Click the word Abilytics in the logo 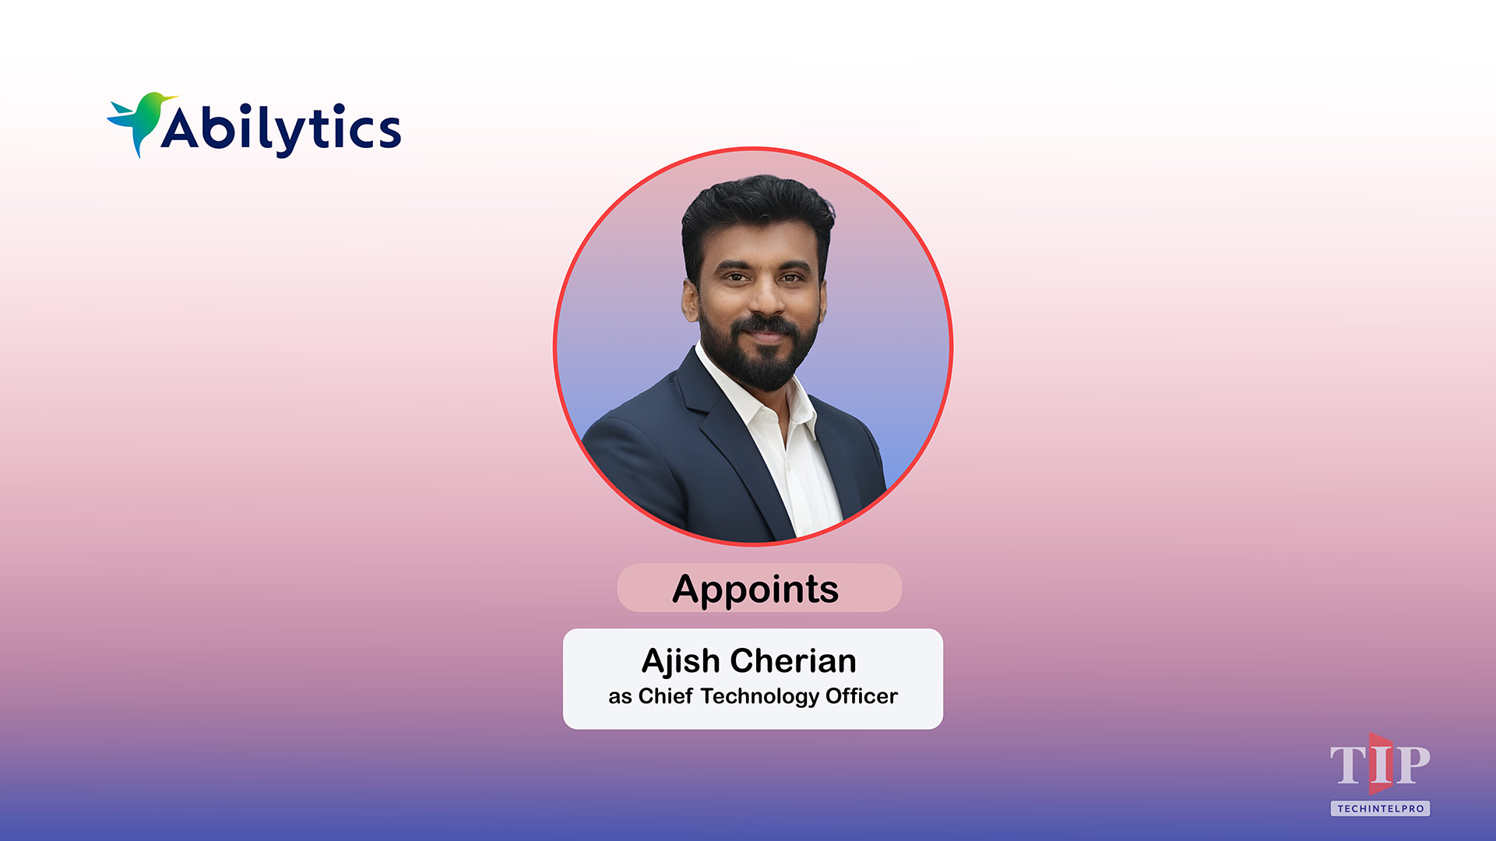pos(280,129)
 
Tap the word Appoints pos(755,589)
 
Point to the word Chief pos(665,695)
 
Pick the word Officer pos(861,695)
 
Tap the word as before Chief pos(620,696)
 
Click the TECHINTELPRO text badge pos(1380,808)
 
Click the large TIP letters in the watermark pos(1379,765)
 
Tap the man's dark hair pos(755,206)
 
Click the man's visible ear pos(690,300)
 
